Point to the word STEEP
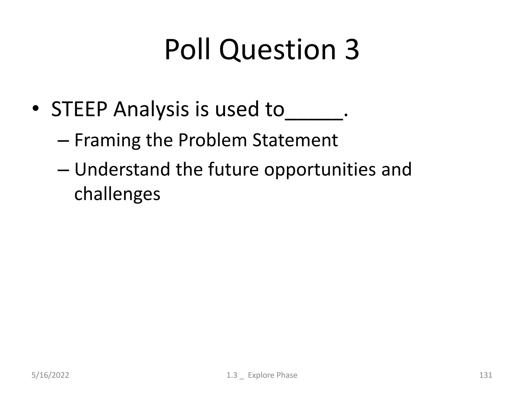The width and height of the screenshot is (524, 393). coord(79,110)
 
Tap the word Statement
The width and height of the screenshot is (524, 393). coord(295,140)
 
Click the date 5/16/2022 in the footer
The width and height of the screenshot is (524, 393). coord(50,375)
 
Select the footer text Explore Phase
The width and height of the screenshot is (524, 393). coord(272,375)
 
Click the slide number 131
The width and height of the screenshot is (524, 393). coord(485,375)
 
